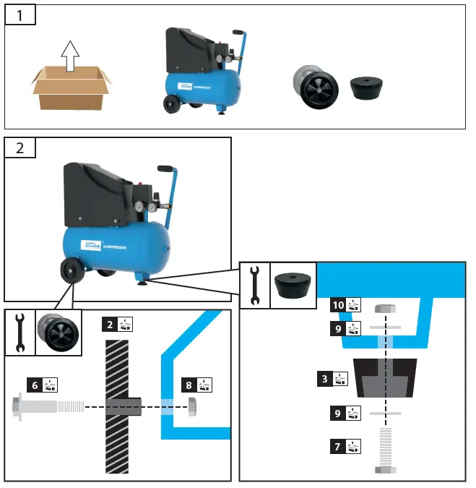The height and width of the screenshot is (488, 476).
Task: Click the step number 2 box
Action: pyautogui.click(x=20, y=147)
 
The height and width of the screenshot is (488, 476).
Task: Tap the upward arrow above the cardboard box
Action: pyautogui.click(x=69, y=56)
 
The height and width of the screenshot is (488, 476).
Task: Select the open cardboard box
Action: pyautogui.click(x=71, y=89)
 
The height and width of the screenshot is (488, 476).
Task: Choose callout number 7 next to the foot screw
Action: pyautogui.click(x=337, y=446)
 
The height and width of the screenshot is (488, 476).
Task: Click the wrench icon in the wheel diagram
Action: pyautogui.click(x=20, y=333)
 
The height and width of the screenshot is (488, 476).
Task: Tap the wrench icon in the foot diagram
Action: pyautogui.click(x=254, y=285)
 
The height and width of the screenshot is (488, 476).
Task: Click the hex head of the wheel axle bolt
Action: pyautogui.click(x=17, y=406)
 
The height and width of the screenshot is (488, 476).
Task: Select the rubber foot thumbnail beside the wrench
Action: pyautogui.click(x=292, y=286)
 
